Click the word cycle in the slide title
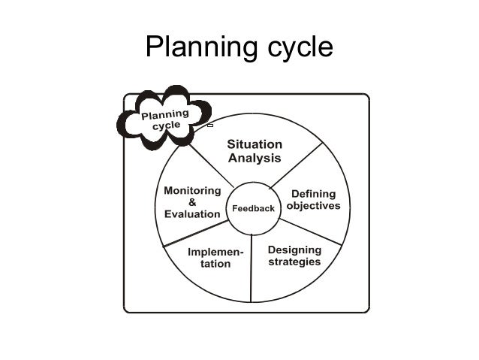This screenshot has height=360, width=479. click(x=295, y=48)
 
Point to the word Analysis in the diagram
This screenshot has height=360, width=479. click(x=254, y=158)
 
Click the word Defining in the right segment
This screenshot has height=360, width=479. click(x=313, y=193)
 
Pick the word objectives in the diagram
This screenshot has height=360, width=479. click(x=313, y=205)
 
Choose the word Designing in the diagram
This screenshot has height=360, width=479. click(x=294, y=250)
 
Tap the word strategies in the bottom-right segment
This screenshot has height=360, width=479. click(x=294, y=262)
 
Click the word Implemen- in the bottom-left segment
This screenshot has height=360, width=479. click(x=215, y=251)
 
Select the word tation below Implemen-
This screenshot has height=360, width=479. click(x=215, y=264)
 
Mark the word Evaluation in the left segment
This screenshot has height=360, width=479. click(x=192, y=213)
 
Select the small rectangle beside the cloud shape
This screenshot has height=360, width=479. click(x=210, y=126)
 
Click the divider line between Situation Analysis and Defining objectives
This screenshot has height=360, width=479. click(x=298, y=168)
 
